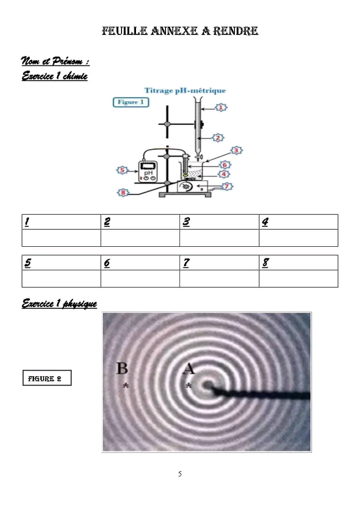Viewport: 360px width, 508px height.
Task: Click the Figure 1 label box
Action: [x=130, y=102]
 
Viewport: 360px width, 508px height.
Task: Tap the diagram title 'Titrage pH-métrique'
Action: [x=185, y=90]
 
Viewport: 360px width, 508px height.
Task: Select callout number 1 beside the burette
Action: [x=221, y=107]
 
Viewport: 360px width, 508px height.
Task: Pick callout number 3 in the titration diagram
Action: [x=236, y=150]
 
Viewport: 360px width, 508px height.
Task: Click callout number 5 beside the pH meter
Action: [x=122, y=170]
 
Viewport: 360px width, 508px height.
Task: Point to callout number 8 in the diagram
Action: [x=123, y=193]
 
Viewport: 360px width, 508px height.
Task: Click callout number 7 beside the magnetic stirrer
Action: [x=227, y=186]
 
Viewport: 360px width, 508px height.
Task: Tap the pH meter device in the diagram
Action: [x=148, y=171]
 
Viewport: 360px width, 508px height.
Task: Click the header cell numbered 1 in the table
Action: [x=61, y=222]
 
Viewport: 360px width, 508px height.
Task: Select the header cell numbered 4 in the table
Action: [x=298, y=222]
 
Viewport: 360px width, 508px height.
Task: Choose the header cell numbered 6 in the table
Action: [x=140, y=262]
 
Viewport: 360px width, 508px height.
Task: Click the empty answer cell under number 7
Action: [x=219, y=279]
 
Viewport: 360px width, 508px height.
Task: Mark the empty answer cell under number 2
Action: [x=140, y=238]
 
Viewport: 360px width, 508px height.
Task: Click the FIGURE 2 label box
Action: [x=47, y=378]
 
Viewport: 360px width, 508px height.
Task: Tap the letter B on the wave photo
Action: [x=122, y=368]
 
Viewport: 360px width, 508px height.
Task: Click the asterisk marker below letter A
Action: [x=188, y=386]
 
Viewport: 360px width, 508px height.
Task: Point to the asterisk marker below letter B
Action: [x=126, y=386]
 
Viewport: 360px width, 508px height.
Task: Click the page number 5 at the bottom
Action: [x=180, y=474]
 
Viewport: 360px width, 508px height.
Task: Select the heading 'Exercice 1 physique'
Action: [x=59, y=304]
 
